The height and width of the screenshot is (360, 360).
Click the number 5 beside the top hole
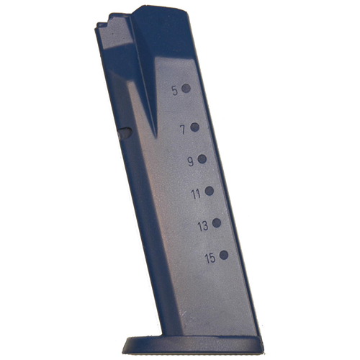(x=174, y=91)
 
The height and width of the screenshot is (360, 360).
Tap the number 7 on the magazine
(x=183, y=130)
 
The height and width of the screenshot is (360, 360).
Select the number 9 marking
(x=190, y=161)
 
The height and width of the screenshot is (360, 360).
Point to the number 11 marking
(x=196, y=193)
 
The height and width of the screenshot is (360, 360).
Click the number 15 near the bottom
(x=210, y=258)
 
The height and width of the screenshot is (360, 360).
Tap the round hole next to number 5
(x=186, y=89)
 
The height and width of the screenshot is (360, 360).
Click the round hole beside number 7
(x=194, y=127)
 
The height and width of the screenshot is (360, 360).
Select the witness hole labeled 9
(x=202, y=159)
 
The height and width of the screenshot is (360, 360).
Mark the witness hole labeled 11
(x=210, y=191)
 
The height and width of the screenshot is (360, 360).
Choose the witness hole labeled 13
(x=217, y=223)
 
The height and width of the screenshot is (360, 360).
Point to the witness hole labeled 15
(x=224, y=255)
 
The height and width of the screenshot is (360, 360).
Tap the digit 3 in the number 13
(x=206, y=226)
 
